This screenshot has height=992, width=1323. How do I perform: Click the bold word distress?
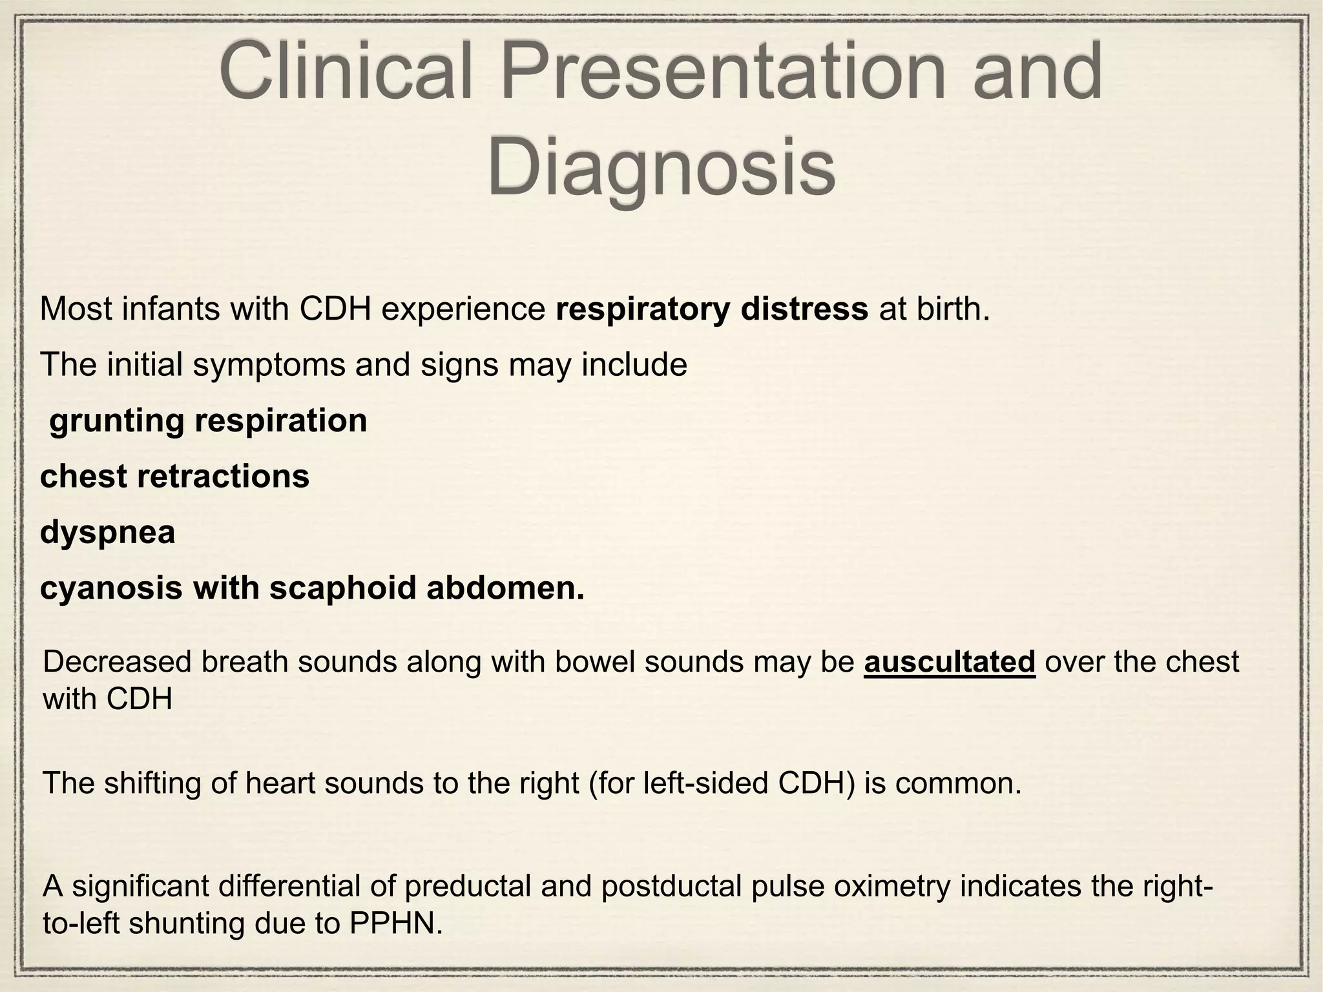tap(804, 309)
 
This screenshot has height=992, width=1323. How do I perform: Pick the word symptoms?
tap(269, 366)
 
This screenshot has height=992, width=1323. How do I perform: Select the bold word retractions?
tap(224, 477)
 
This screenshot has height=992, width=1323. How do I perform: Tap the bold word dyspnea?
tap(107, 533)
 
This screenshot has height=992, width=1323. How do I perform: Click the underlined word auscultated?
tap(950, 662)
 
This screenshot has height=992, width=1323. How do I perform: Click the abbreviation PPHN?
tap(396, 924)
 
